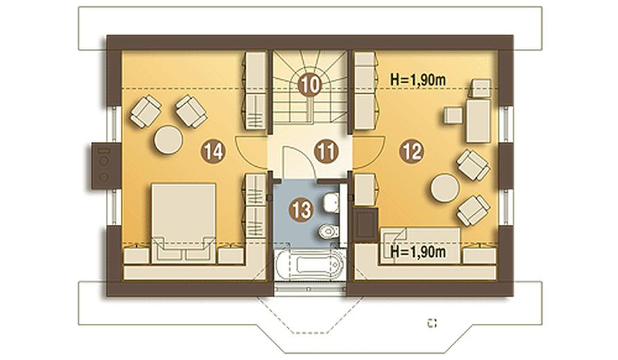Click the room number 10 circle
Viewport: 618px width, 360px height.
pyautogui.click(x=310, y=84)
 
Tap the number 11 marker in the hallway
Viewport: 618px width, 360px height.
pyautogui.click(x=327, y=152)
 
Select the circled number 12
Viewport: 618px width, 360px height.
pyautogui.click(x=412, y=152)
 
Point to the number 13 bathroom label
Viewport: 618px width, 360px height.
pyautogui.click(x=302, y=210)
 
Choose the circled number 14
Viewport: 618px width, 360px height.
pyautogui.click(x=213, y=152)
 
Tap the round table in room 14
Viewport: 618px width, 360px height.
pyautogui.click(x=168, y=140)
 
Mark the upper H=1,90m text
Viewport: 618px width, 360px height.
pyautogui.click(x=418, y=80)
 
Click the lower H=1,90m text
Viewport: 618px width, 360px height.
pyautogui.click(x=418, y=251)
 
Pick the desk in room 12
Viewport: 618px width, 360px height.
pyautogui.click(x=478, y=120)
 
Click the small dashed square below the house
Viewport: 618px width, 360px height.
pyautogui.click(x=433, y=323)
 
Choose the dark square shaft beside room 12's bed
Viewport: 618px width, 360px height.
pyautogui.click(x=365, y=224)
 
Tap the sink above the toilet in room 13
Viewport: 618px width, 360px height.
pyautogui.click(x=330, y=202)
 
